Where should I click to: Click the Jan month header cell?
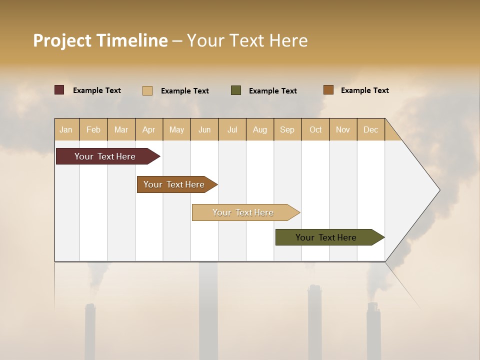pyautogui.click(x=66, y=129)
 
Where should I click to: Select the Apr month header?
pyautogui.click(x=149, y=129)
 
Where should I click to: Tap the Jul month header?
pyautogui.click(x=232, y=129)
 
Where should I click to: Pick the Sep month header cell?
pyautogui.click(x=287, y=129)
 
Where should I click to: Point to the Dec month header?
pyautogui.click(x=370, y=129)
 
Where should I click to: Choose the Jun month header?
pyautogui.click(x=204, y=129)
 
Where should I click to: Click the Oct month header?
pyautogui.click(x=315, y=129)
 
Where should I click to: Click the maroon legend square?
pyautogui.click(x=59, y=90)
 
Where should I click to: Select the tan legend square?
pyautogui.click(x=147, y=90)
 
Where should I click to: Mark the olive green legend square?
pyautogui.click(x=236, y=90)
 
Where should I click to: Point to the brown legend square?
pyautogui.click(x=328, y=90)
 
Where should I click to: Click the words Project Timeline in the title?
pyautogui.click(x=100, y=40)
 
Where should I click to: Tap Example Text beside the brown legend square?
pyautogui.click(x=364, y=90)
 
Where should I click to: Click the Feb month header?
pyautogui.click(x=93, y=129)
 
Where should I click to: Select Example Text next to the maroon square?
pyautogui.click(x=97, y=90)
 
